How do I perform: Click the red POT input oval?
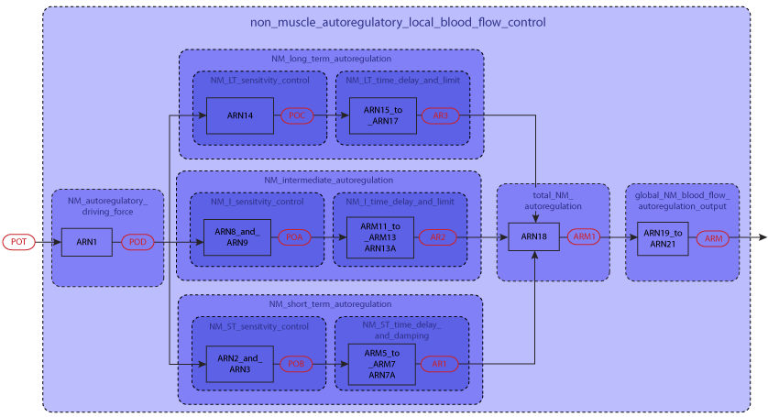[x=18, y=242]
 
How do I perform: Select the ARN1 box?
[x=86, y=242]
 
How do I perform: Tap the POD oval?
[x=137, y=242]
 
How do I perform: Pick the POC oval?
[x=296, y=115]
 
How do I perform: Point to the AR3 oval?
[x=440, y=115]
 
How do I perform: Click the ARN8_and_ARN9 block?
[x=237, y=236]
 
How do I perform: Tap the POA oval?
[x=294, y=236]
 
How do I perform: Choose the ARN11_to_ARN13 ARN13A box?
[x=380, y=236]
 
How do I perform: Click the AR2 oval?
[x=437, y=236]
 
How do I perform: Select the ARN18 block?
[x=533, y=236]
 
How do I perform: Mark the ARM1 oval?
[x=584, y=236]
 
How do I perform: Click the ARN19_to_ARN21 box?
[x=663, y=237]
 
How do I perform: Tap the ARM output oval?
[x=713, y=238]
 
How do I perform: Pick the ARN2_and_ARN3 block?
[x=239, y=363]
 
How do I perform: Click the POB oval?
[x=296, y=363]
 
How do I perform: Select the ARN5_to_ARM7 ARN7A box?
[x=381, y=364]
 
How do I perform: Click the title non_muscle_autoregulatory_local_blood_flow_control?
[x=397, y=22]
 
